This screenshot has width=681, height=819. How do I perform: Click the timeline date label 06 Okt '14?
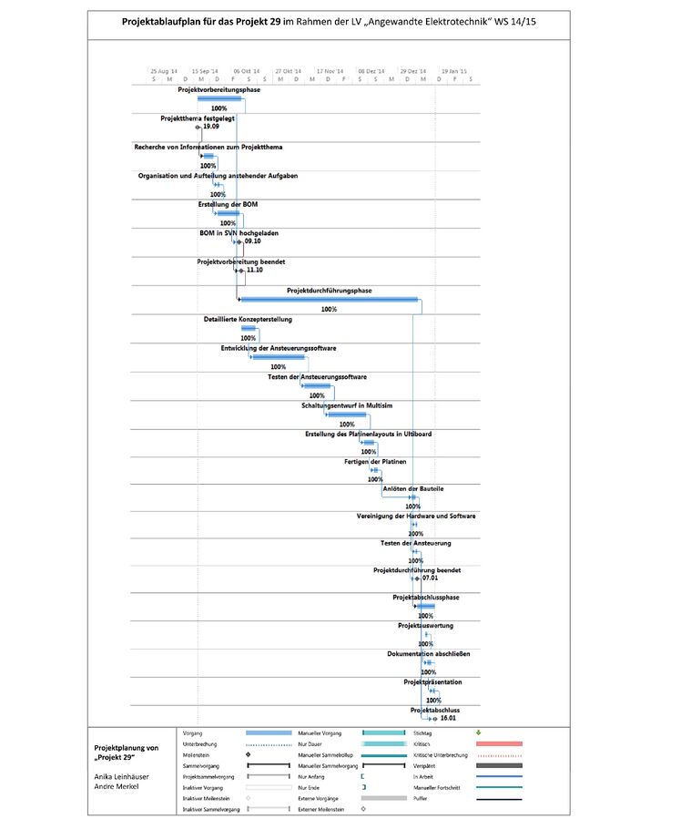pyautogui.click(x=247, y=70)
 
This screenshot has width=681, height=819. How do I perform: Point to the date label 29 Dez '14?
pyautogui.click(x=412, y=70)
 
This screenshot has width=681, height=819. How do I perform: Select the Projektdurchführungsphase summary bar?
pyautogui.click(x=329, y=299)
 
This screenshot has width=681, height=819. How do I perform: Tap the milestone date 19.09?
pyautogui.click(x=211, y=127)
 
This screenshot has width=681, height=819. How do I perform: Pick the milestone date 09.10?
pyautogui.click(x=252, y=241)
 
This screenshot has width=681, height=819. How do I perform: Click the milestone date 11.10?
pyautogui.click(x=254, y=270)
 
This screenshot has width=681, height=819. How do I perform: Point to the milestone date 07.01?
pyautogui.click(x=430, y=578)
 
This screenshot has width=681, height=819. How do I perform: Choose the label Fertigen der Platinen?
pyautogui.click(x=375, y=462)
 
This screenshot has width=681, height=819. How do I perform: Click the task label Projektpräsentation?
pyautogui.click(x=432, y=681)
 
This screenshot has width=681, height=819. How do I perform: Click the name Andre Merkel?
pyautogui.click(x=117, y=786)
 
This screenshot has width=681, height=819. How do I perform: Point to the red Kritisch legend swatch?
pyautogui.click(x=499, y=743)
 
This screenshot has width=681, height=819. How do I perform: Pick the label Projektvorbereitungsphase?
pyautogui.click(x=219, y=89)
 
